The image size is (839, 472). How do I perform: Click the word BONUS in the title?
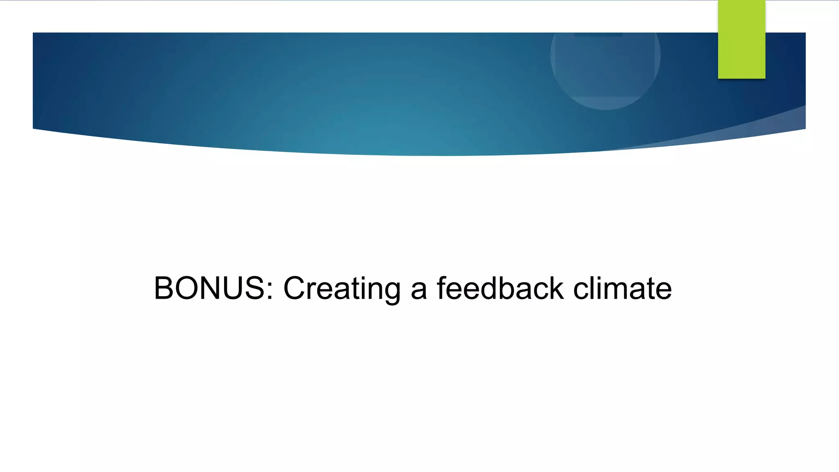[x=209, y=288]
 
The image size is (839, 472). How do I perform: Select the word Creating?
[x=342, y=289]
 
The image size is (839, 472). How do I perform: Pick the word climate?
[x=622, y=288]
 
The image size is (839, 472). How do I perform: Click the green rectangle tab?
[x=741, y=39]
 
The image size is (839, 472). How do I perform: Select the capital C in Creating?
[x=295, y=288]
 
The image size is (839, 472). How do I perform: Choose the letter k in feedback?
[x=556, y=288]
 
